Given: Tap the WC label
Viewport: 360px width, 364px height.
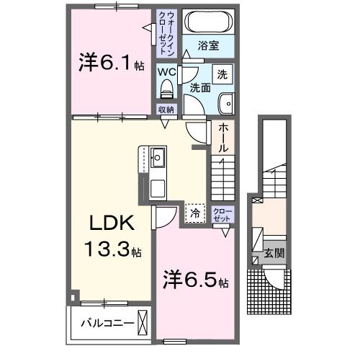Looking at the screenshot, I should point(167,72).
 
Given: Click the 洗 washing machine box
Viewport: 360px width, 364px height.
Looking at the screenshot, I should point(223,74).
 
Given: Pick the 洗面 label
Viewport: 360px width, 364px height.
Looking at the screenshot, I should point(199,88).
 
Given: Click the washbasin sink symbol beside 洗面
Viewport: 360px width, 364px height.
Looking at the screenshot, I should point(226,103).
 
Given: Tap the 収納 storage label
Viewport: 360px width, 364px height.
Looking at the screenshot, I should point(167,110).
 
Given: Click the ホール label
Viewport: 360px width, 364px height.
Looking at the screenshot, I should point(223,137).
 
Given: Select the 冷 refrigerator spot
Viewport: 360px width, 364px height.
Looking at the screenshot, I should point(194,213).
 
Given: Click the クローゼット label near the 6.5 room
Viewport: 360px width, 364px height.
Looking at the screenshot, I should point(223,213).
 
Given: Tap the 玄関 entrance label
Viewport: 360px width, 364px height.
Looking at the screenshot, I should point(274,253).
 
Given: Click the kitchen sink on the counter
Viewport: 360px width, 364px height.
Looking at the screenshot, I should point(158,156).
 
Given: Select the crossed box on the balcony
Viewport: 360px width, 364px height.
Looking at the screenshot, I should point(143,321).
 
